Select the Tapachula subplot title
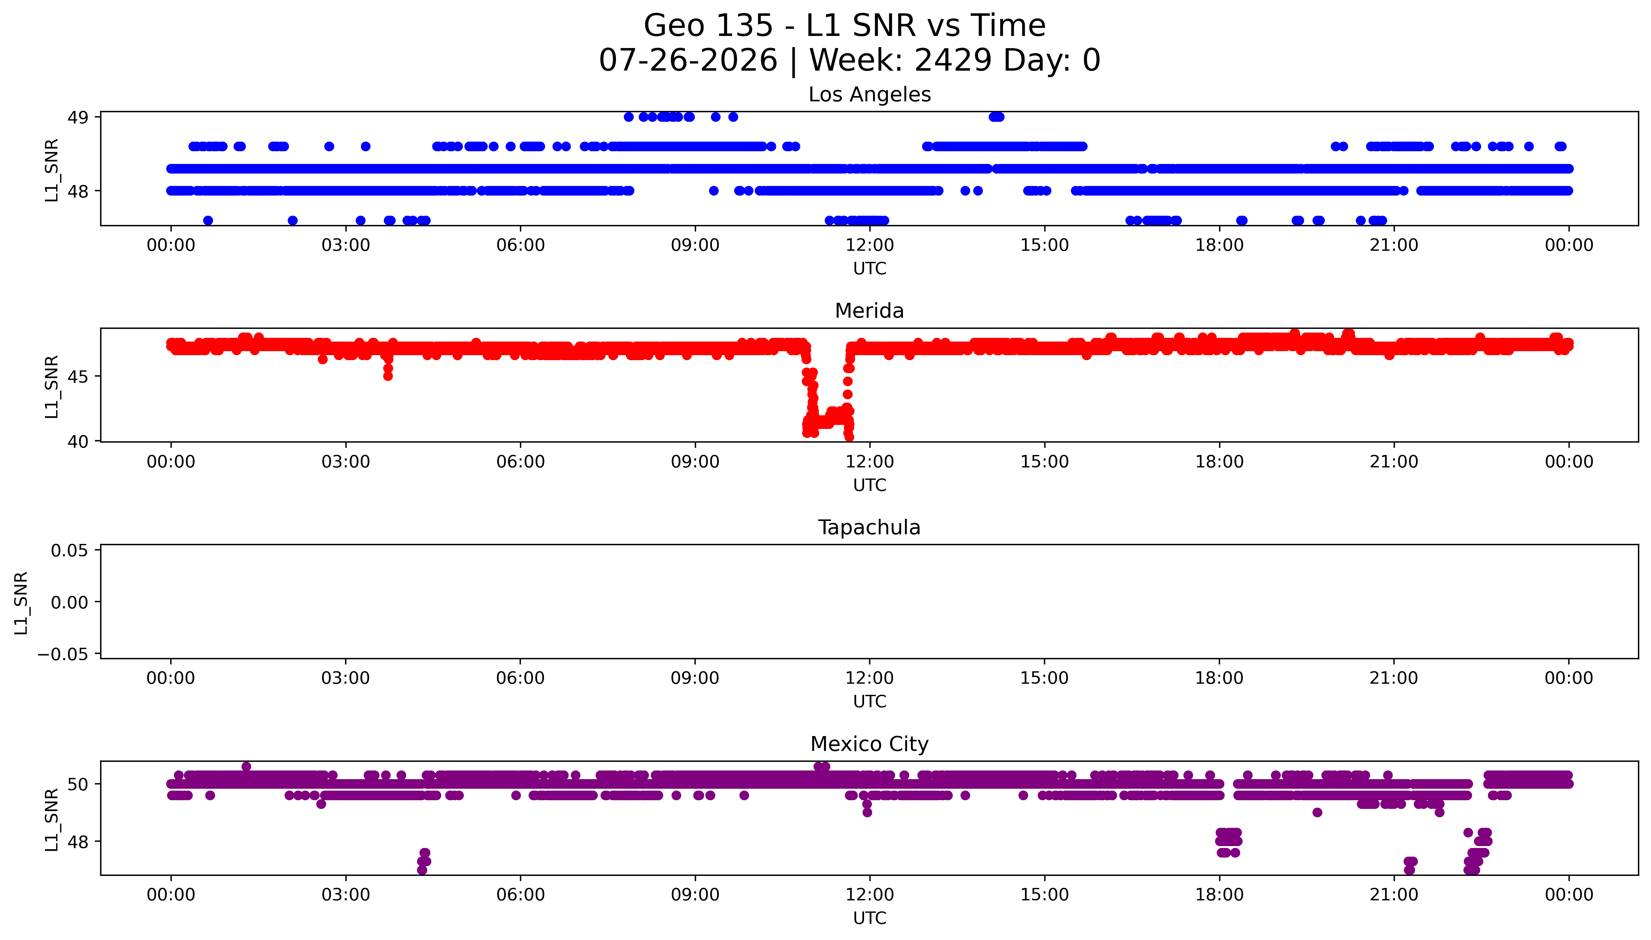(869, 527)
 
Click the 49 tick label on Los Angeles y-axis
(78, 117)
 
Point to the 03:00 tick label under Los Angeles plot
(345, 245)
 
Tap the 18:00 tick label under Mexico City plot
(1219, 895)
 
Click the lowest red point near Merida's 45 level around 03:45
(388, 376)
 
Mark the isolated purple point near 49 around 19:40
(1317, 812)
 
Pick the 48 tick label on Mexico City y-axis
(78, 842)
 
